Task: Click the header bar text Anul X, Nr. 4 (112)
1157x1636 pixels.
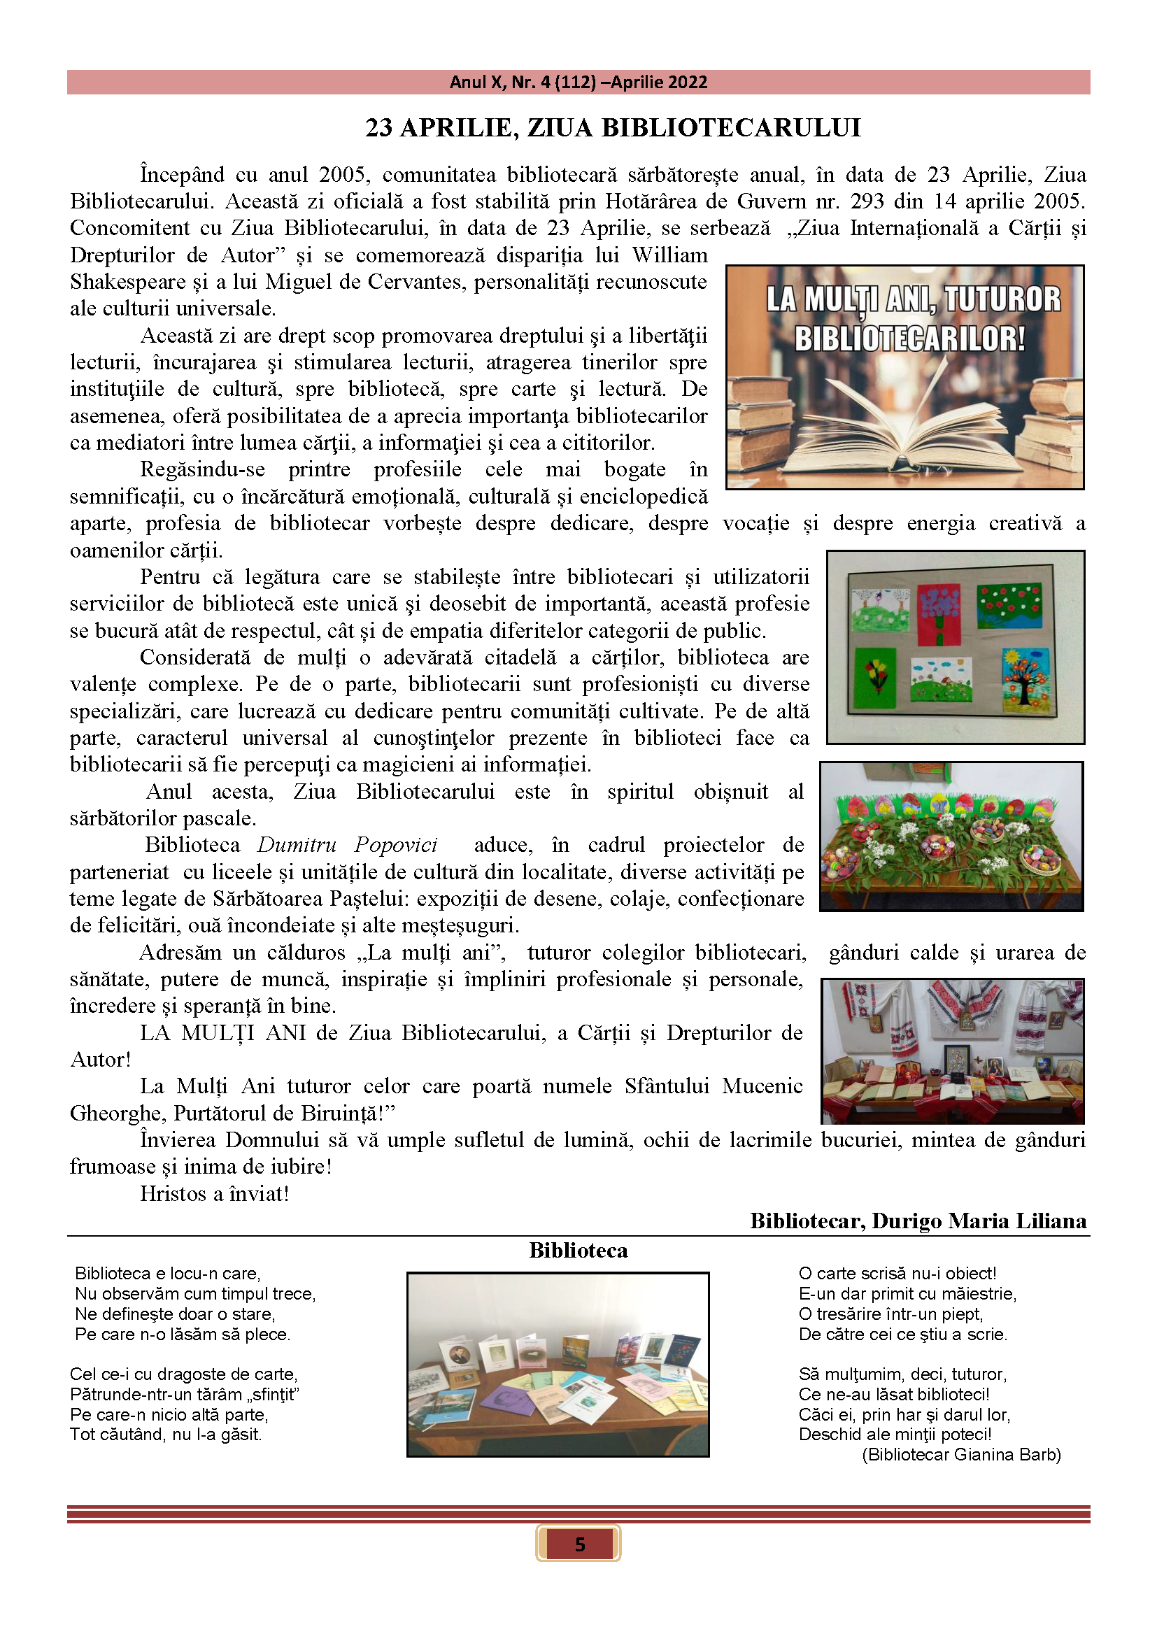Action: pyautogui.click(x=523, y=82)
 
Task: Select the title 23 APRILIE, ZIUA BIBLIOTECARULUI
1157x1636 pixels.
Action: pyautogui.click(x=613, y=127)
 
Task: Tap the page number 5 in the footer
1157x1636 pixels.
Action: pyautogui.click(x=578, y=1544)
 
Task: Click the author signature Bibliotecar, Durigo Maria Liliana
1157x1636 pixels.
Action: pyautogui.click(x=918, y=1221)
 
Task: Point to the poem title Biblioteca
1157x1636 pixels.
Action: pyautogui.click(x=578, y=1251)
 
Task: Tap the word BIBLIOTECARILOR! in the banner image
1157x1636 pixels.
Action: pyautogui.click(x=910, y=339)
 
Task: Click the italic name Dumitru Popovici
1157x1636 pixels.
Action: pyautogui.click(x=347, y=845)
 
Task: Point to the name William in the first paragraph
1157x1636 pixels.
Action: pyautogui.click(x=669, y=255)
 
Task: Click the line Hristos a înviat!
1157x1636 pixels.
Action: pyautogui.click(x=215, y=1193)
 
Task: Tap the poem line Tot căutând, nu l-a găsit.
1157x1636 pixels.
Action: pyautogui.click(x=165, y=1434)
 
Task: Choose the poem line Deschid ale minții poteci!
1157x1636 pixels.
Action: pyautogui.click(x=895, y=1434)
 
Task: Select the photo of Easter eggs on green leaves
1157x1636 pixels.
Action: pyautogui.click(x=951, y=836)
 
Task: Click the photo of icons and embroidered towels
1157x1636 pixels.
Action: pyautogui.click(x=953, y=1051)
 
